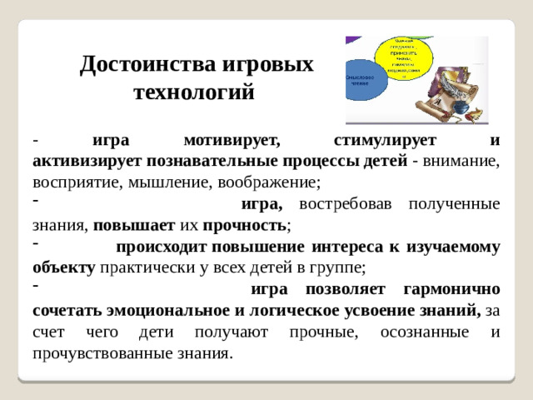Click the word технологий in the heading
coord(194,92)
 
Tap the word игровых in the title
coord(270,64)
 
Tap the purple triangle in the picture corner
coord(353,39)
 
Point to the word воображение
coord(271,181)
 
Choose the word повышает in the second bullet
coord(134,225)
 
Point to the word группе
coord(341,267)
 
